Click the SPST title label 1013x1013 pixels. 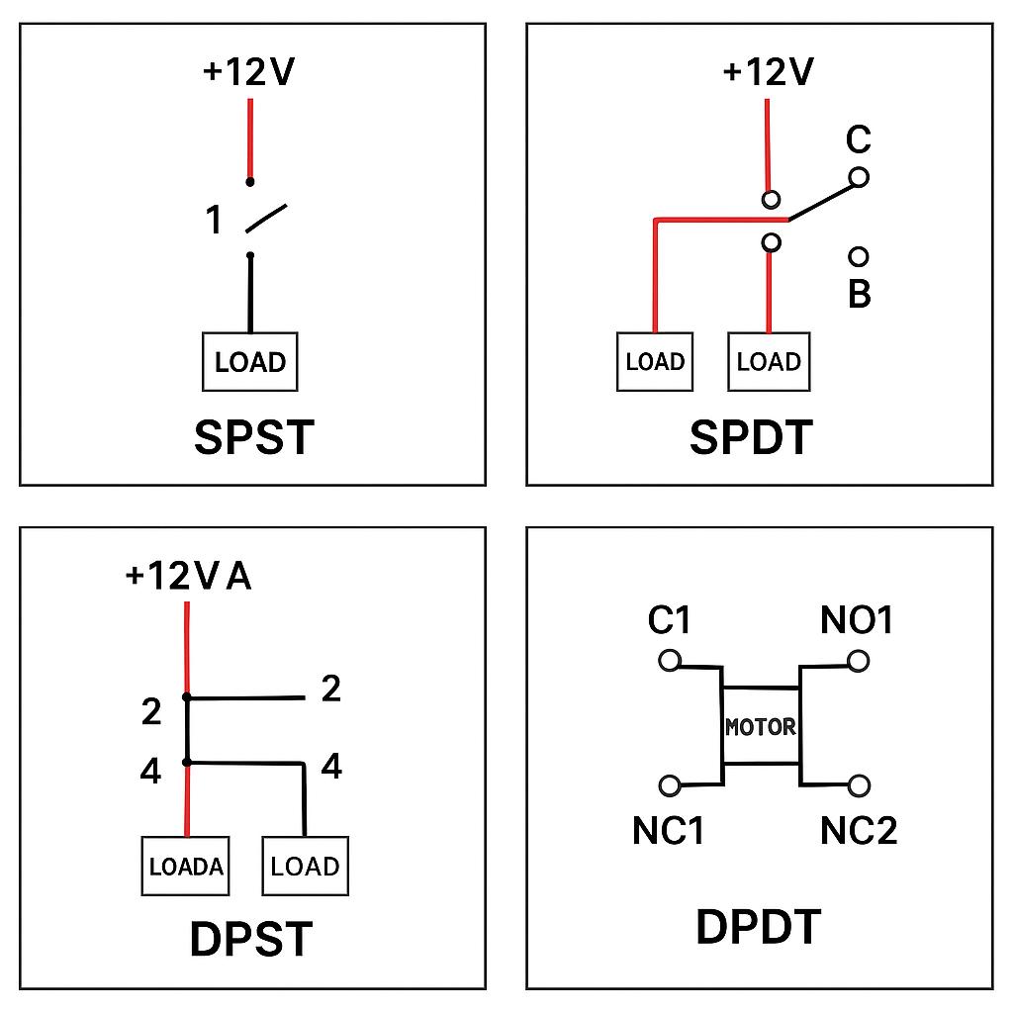click(254, 437)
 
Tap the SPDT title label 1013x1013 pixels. click(751, 437)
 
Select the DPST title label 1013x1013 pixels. click(251, 939)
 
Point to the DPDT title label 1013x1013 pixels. click(759, 926)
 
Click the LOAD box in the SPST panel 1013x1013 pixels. click(250, 362)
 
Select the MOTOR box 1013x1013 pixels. click(761, 726)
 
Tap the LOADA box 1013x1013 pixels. click(185, 866)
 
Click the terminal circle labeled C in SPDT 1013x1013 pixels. click(859, 177)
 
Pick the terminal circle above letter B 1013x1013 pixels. click(858, 256)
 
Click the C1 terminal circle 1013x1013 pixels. click(670, 661)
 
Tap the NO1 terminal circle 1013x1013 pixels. click(858, 661)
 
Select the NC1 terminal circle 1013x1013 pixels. click(670, 785)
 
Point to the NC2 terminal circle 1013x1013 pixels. click(859, 785)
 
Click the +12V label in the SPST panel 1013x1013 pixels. click(248, 71)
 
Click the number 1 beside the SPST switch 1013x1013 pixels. click(214, 220)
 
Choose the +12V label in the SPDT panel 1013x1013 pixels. click(768, 71)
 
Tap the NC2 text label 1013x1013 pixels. click(859, 831)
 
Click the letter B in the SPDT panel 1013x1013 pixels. click(860, 293)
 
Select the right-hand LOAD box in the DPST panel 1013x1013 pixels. click(305, 866)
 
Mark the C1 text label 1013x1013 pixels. click(670, 620)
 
